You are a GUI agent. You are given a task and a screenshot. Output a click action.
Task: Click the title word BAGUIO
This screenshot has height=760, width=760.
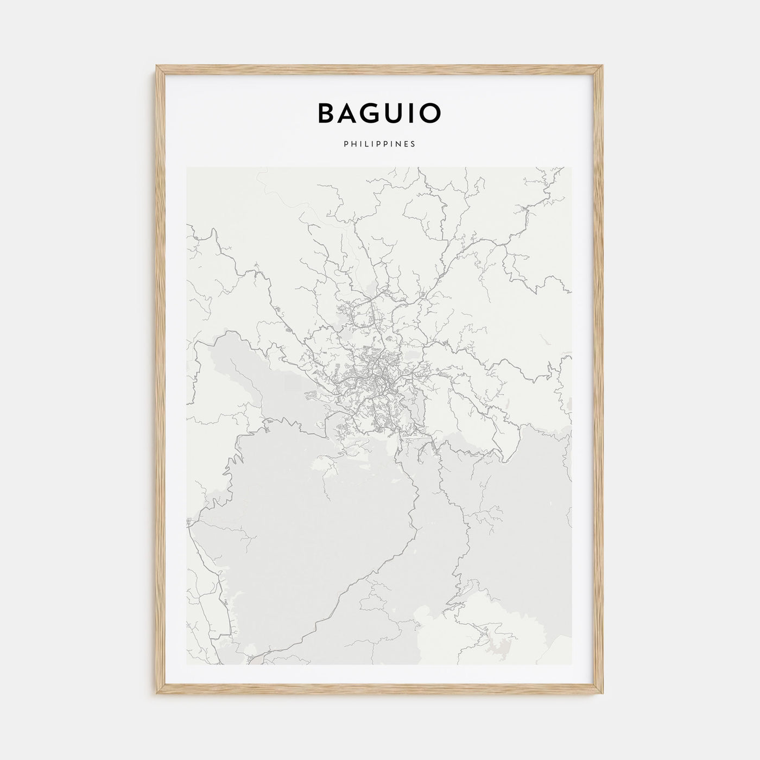click(x=379, y=113)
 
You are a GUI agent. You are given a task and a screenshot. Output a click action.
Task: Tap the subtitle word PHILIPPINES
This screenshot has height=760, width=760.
click(x=379, y=144)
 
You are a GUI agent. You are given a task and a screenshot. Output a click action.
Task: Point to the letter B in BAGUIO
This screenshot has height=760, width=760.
click(x=327, y=113)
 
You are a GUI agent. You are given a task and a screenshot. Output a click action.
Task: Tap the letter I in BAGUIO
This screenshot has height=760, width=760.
click(x=414, y=113)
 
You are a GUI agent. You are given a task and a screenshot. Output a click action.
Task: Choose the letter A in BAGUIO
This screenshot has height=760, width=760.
click(x=350, y=113)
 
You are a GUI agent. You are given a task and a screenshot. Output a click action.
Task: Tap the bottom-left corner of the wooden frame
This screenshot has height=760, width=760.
click(x=157, y=695)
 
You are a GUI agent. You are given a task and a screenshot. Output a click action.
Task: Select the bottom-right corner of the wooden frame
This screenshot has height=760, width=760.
click(x=603, y=695)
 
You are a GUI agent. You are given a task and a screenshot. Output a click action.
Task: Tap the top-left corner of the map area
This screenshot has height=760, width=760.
click(x=187, y=167)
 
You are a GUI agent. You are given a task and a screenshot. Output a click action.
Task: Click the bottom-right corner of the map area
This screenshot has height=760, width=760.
click(x=572, y=664)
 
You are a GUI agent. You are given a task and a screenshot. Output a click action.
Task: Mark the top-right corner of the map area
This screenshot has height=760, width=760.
click(x=572, y=167)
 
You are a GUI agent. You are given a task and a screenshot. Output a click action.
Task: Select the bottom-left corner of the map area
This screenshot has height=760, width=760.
click(x=187, y=664)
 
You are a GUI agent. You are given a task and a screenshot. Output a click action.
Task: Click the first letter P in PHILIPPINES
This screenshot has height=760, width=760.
click(x=345, y=144)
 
